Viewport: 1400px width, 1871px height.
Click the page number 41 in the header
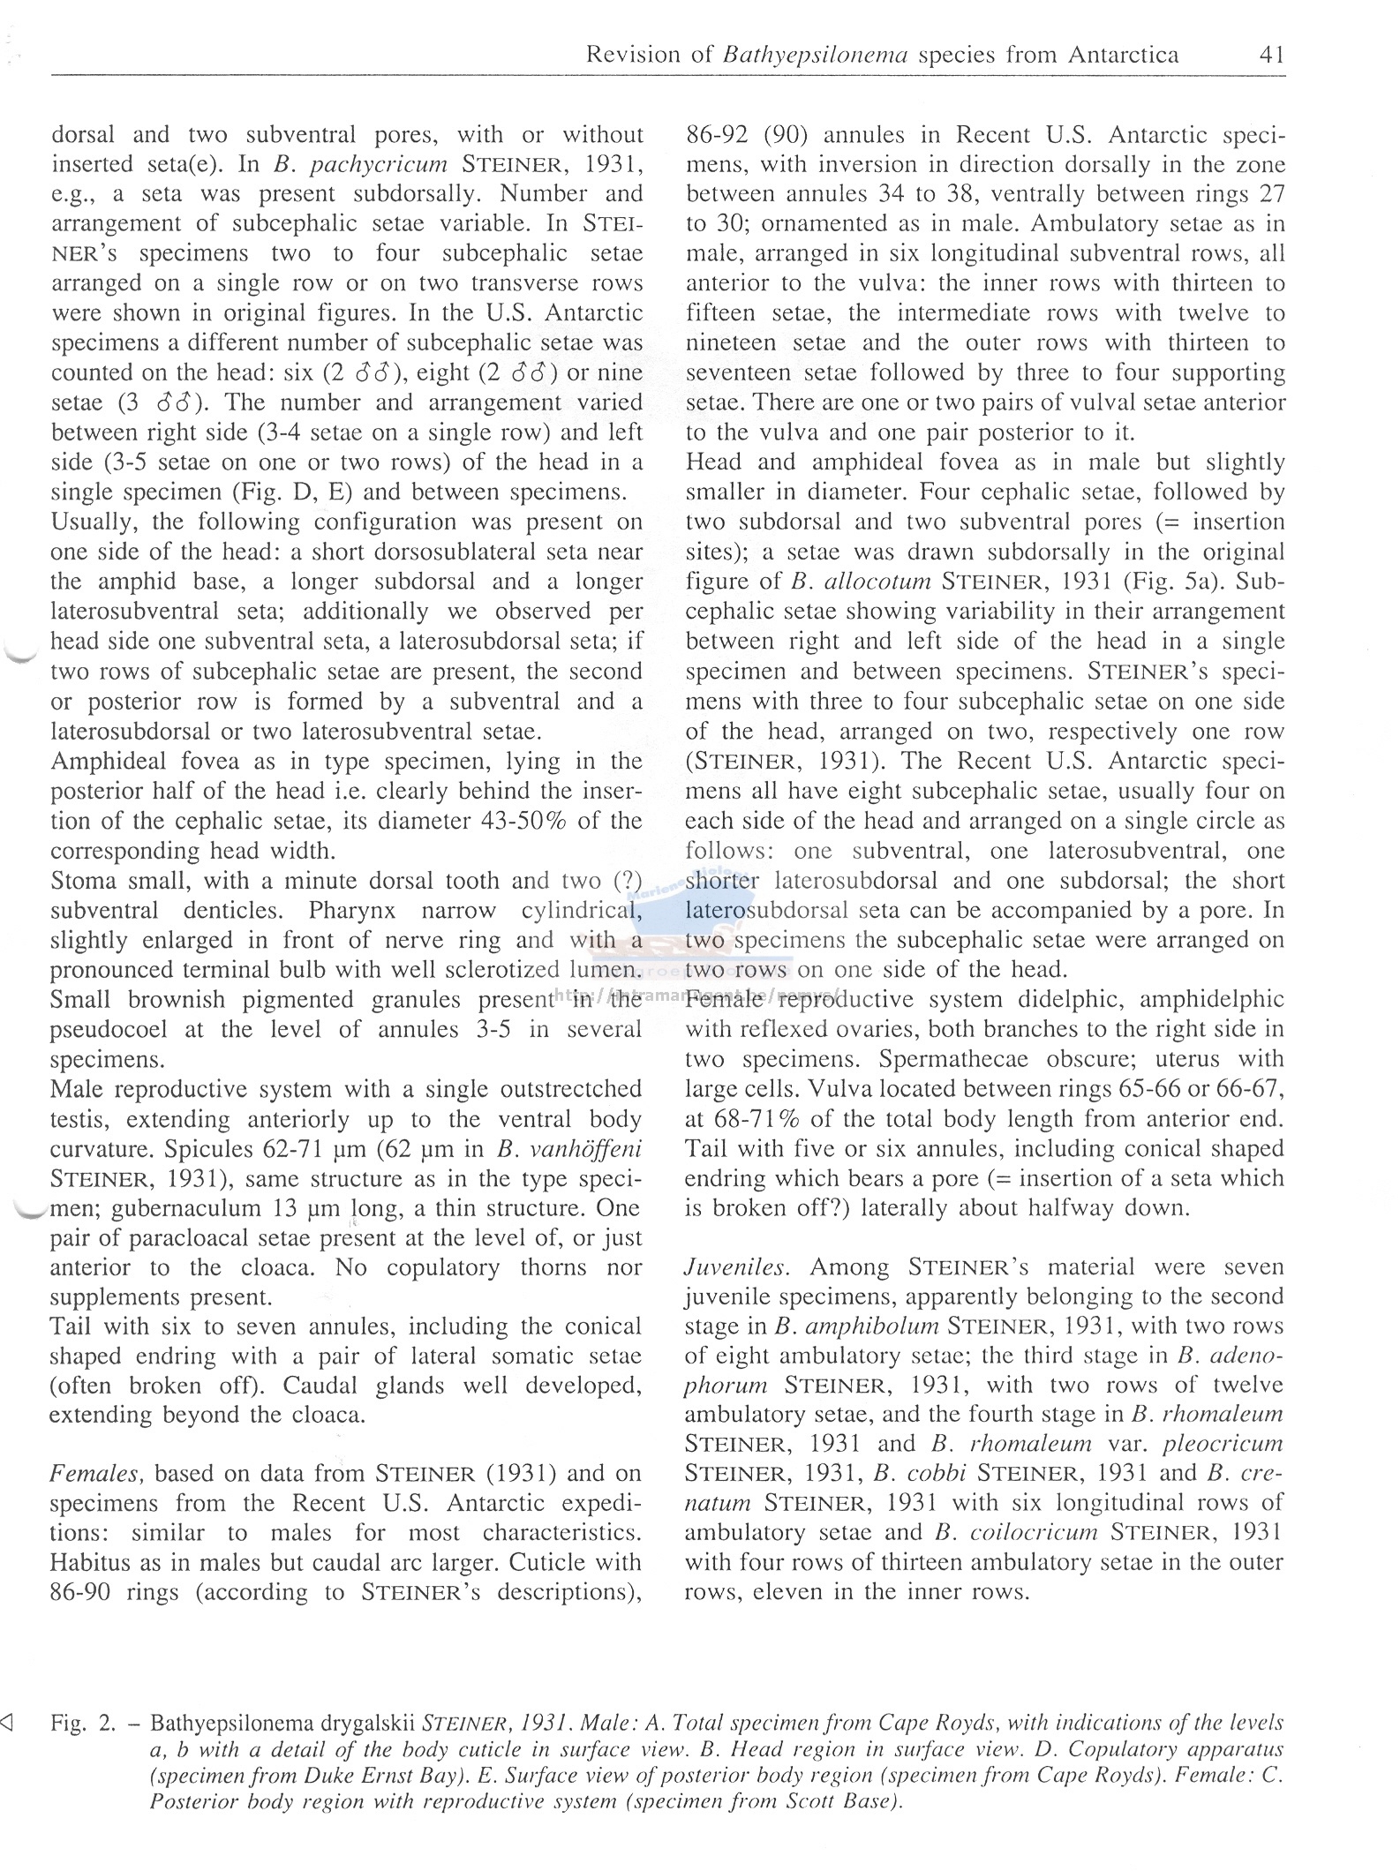(x=1271, y=56)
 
